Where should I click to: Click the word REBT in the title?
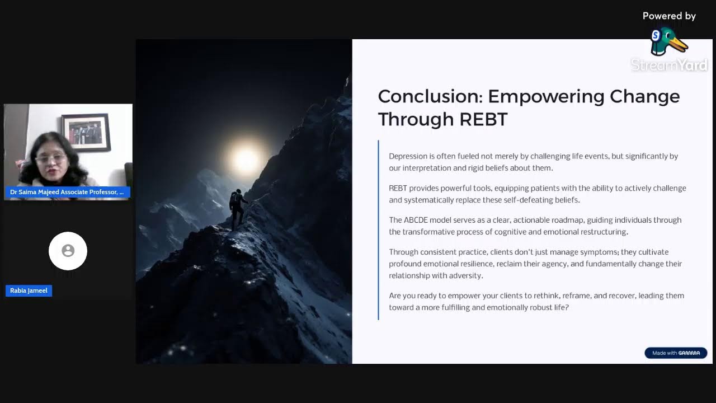click(x=483, y=119)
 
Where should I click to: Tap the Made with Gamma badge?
click(x=676, y=353)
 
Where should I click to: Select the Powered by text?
click(x=668, y=16)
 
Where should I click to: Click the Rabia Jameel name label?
click(x=29, y=290)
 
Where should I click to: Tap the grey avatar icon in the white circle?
click(x=68, y=251)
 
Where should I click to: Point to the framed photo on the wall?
click(x=86, y=133)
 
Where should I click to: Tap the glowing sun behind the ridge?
click(x=246, y=160)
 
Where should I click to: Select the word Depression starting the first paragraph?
click(x=408, y=156)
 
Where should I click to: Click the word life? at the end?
click(x=560, y=307)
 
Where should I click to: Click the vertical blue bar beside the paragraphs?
click(x=379, y=230)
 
